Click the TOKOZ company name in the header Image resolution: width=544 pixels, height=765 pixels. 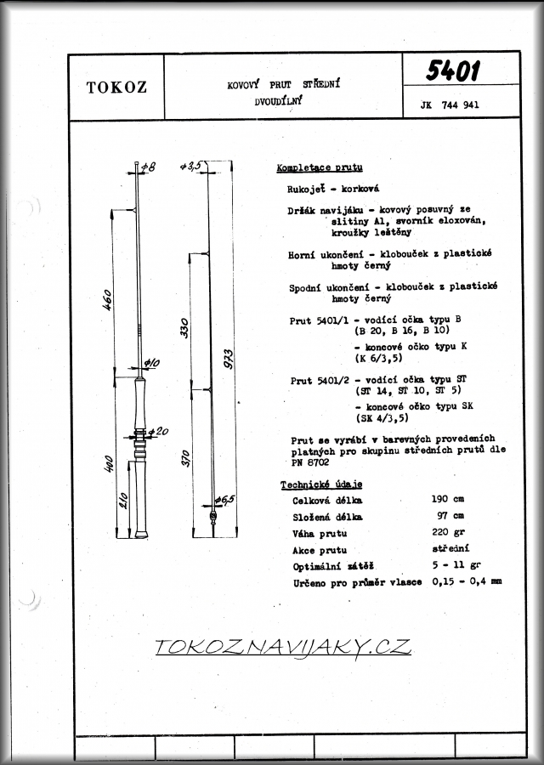(x=116, y=88)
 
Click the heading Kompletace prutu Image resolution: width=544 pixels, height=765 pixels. (x=320, y=167)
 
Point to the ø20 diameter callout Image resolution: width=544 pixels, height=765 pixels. (x=158, y=433)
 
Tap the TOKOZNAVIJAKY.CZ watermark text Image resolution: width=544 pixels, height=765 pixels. (x=283, y=647)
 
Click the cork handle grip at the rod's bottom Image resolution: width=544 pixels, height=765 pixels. (x=140, y=493)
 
